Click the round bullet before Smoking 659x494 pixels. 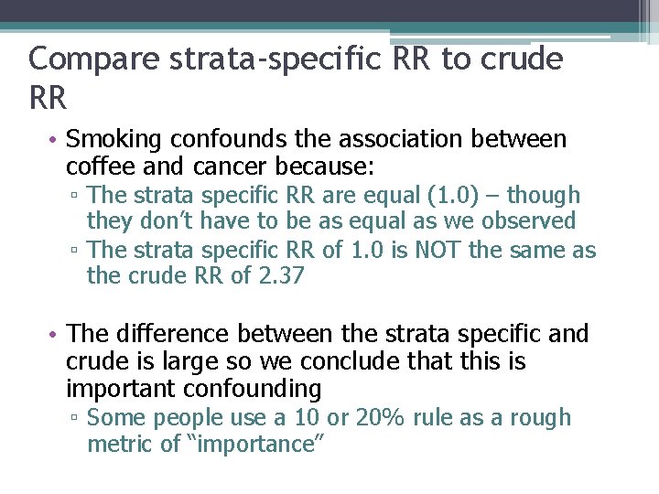pyautogui.click(x=54, y=141)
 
